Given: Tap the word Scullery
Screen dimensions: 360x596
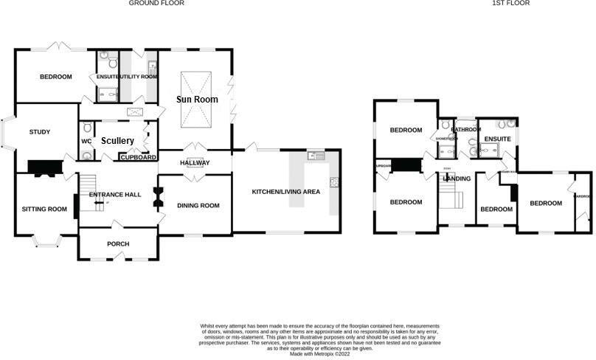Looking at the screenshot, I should point(117,140).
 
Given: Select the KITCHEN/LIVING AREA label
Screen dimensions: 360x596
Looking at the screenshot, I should point(286,192).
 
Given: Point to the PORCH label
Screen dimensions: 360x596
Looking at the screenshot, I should point(118,245).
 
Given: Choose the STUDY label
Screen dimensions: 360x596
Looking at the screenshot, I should point(40,132).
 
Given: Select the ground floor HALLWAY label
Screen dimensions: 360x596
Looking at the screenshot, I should point(195,163).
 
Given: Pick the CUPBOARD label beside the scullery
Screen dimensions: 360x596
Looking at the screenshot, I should point(138,157).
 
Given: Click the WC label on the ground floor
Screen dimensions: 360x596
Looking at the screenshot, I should point(86,141).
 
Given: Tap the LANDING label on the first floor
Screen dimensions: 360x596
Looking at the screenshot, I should point(457,179).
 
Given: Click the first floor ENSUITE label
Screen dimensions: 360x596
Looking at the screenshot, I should point(497,139).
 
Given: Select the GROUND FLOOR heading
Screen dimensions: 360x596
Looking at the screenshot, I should point(156,4).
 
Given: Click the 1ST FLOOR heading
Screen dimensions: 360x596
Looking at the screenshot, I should point(511,4).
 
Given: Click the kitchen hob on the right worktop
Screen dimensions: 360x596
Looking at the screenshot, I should point(335,182).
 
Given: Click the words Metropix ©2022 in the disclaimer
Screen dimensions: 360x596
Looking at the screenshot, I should point(332,354).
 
